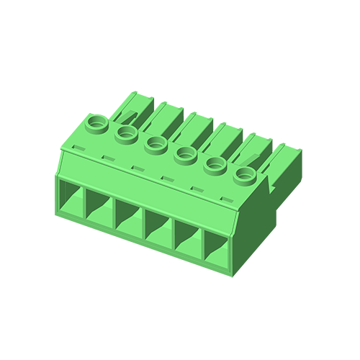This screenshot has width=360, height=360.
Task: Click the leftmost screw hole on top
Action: [x=95, y=122]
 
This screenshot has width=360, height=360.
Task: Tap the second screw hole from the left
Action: [x=126, y=132]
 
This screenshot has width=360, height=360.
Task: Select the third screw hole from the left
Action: [x=156, y=143]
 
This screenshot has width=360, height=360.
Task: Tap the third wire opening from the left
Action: [x=127, y=217]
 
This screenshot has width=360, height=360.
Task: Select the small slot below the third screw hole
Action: [x=135, y=169]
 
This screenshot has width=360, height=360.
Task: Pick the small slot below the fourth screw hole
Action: [x=165, y=179]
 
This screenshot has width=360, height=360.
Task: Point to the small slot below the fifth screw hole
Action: [x=195, y=189]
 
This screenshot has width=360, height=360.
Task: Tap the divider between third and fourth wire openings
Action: [x=143, y=225]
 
